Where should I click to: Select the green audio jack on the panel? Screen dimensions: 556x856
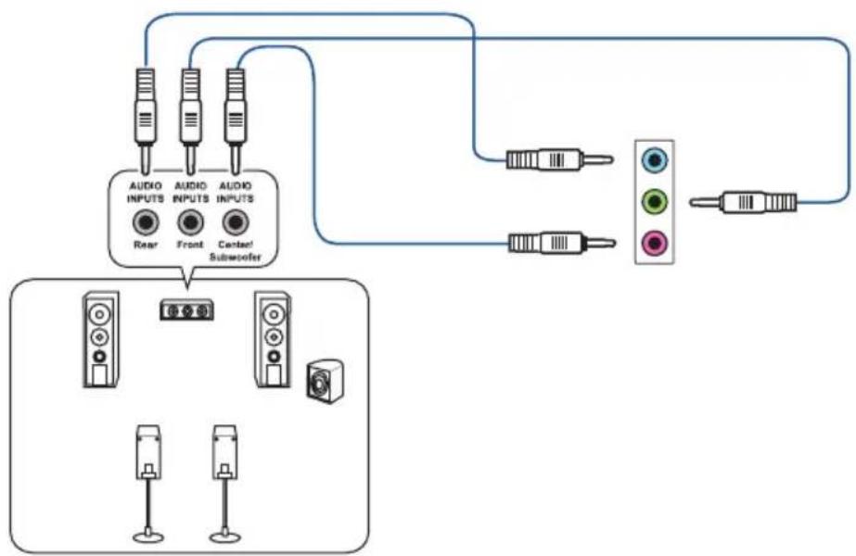pos(656,201)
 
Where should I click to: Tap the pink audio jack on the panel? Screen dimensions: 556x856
pos(656,243)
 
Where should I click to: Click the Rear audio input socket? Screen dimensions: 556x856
pos(145,222)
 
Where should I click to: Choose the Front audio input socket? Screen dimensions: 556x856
pos(190,222)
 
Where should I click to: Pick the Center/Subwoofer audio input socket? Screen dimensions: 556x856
pos(236,222)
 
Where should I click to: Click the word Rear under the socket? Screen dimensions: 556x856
pos(145,245)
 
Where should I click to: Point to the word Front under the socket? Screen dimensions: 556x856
pos(190,245)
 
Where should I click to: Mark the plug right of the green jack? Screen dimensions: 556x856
pos(747,201)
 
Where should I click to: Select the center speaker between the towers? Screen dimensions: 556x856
pos(186,310)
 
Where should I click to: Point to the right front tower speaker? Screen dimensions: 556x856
pos(272,338)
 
